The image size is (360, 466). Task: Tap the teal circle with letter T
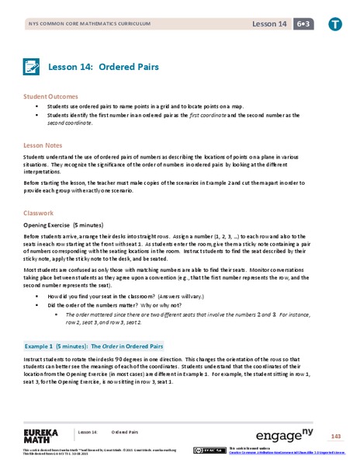tap(334, 24)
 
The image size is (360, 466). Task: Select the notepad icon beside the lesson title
tap(32, 67)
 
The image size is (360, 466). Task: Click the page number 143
tap(336, 435)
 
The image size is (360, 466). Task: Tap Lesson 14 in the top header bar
tap(268, 24)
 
